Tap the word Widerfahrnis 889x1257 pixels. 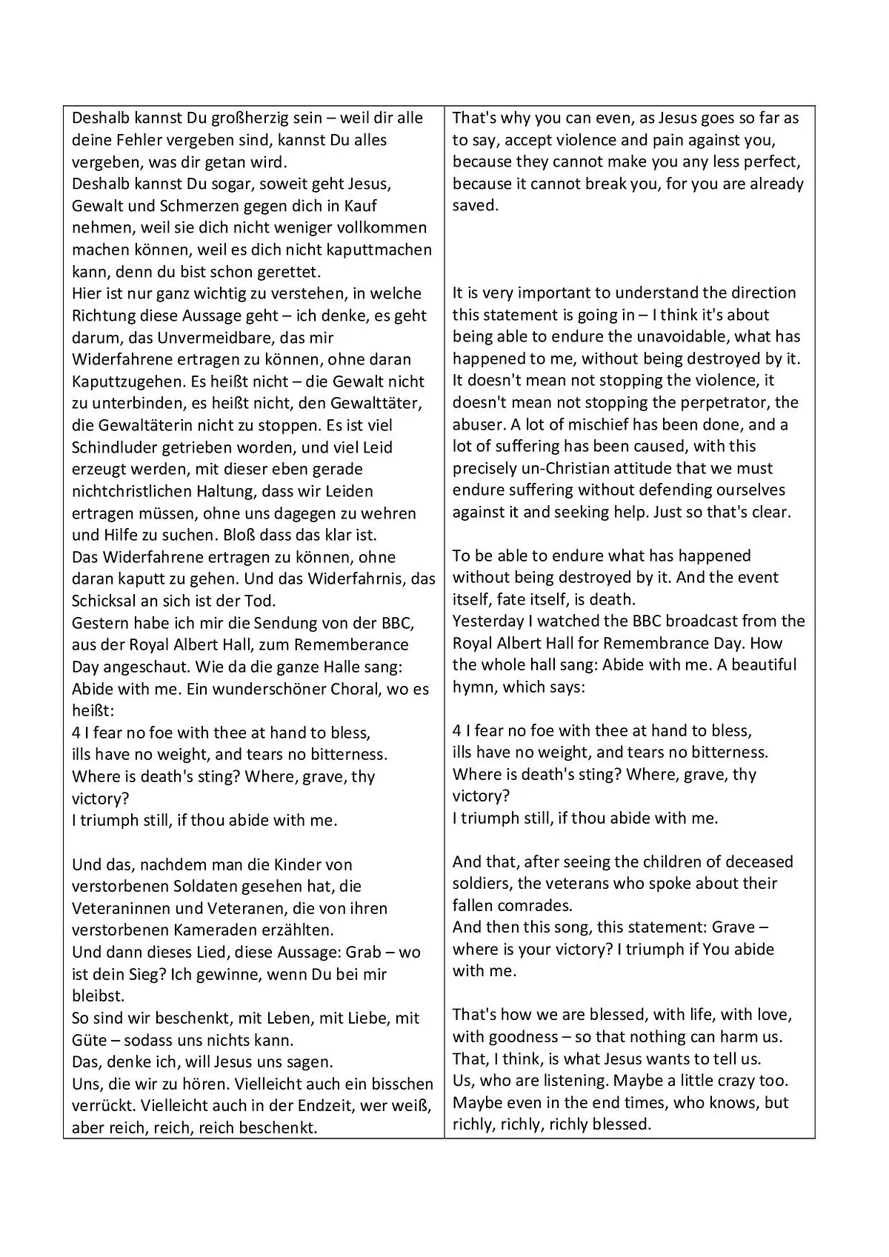pyautogui.click(x=352, y=579)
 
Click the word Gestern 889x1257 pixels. pyautogui.click(x=101, y=623)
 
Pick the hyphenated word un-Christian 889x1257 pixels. pyautogui.click(x=569, y=469)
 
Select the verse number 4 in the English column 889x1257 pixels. pyautogui.click(x=457, y=731)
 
